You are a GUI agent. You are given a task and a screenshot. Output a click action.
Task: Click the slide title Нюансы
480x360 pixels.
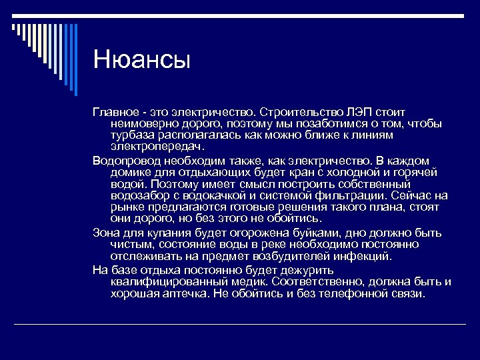pyautogui.click(x=142, y=60)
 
